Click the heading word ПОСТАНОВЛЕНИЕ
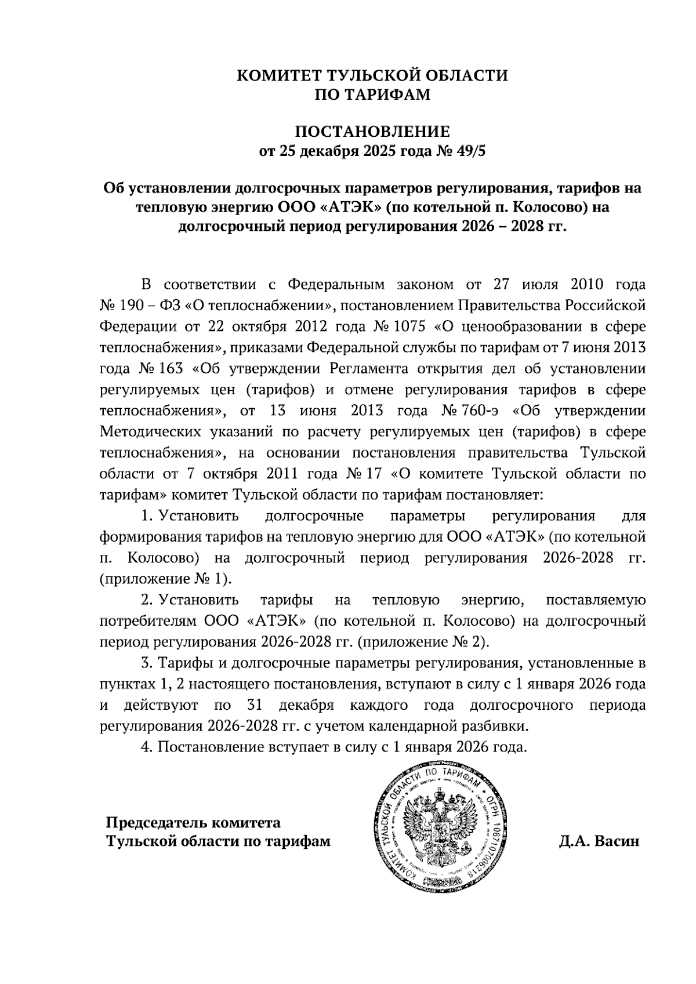tap(372, 131)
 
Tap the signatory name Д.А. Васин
tap(599, 841)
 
